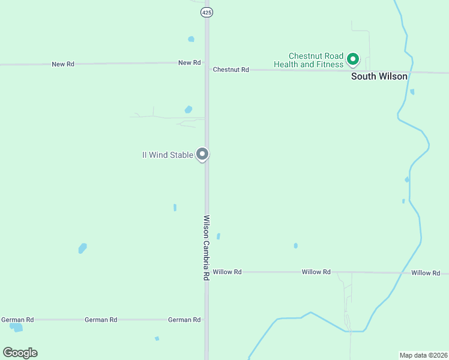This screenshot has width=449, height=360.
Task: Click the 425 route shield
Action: click(x=207, y=12)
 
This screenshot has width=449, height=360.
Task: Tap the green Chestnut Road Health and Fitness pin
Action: click(x=353, y=59)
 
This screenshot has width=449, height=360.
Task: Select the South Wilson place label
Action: click(x=379, y=76)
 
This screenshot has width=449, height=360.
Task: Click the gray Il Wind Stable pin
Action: click(x=203, y=154)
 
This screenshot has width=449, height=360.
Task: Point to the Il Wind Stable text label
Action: click(x=167, y=155)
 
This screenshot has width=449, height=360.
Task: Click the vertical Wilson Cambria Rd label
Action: click(x=206, y=248)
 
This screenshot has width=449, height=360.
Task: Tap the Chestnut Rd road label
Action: click(x=231, y=70)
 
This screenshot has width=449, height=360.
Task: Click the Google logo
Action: click(x=20, y=353)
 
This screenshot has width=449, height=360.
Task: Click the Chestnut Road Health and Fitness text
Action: click(x=309, y=60)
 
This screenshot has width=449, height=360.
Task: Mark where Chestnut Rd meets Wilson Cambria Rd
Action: click(x=207, y=69)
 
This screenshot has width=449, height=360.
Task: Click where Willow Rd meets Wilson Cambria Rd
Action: click(x=207, y=272)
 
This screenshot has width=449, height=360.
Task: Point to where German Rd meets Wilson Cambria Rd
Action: click(x=207, y=320)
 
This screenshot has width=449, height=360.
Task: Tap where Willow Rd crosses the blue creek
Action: click(x=398, y=272)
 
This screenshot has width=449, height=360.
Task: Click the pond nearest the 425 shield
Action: click(x=191, y=39)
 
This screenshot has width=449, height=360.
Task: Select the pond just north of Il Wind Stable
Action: click(x=188, y=110)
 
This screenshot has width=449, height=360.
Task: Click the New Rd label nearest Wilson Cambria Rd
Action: click(x=189, y=62)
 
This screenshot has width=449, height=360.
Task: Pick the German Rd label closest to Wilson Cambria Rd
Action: click(x=184, y=320)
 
